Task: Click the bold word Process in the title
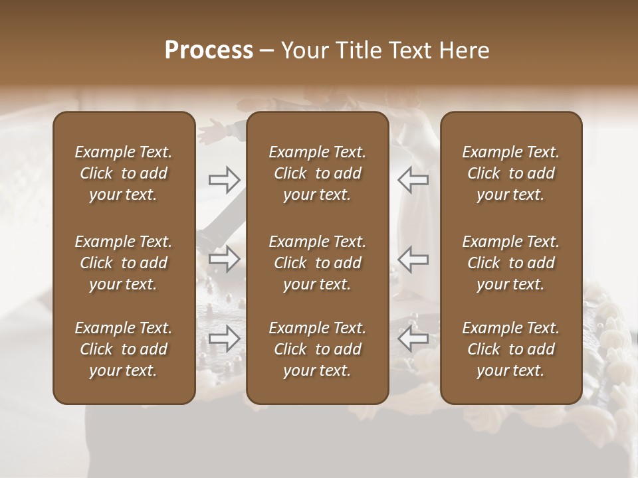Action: [x=209, y=50]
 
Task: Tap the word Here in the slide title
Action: [x=464, y=50]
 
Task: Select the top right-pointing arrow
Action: [x=225, y=180]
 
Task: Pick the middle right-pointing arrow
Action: [x=225, y=259]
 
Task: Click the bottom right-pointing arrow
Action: [x=225, y=339]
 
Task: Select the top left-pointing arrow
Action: [x=413, y=180]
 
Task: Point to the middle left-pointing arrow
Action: [x=413, y=259]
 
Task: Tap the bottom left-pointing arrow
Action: [x=413, y=339]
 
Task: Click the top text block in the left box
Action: [x=124, y=173]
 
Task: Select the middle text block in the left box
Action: [x=124, y=263]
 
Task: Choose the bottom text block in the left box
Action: [x=124, y=349]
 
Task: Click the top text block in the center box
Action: [x=317, y=173]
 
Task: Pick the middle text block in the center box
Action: [x=317, y=263]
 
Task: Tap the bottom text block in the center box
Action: [x=317, y=349]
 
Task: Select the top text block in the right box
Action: [x=510, y=173]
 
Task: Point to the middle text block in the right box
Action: [x=510, y=263]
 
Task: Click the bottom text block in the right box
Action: [x=510, y=349]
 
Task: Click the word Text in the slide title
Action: [x=409, y=50]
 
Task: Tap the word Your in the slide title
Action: [x=303, y=50]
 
